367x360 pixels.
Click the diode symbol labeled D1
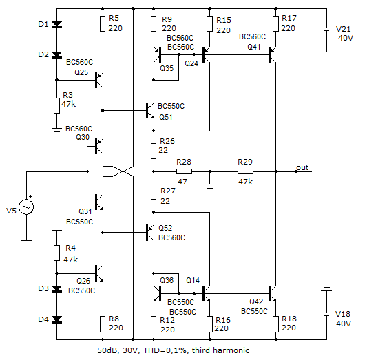tap(56, 24)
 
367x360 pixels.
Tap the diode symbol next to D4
tap(56, 319)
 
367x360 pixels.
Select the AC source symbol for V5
tap(26, 207)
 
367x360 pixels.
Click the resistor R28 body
tap(184, 171)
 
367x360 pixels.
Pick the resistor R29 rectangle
tap(245, 171)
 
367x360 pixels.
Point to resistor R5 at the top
tap(103, 23)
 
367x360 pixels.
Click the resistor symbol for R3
tap(56, 106)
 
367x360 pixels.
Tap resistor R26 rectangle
tap(154, 151)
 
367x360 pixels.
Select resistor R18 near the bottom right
tap(275, 324)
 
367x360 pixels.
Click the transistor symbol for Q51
tap(150, 110)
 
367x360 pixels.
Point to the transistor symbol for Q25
tap(98, 80)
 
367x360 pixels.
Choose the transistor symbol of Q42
tap(272, 293)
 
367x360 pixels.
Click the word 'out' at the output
tap(302, 167)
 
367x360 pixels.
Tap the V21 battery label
tap(343, 29)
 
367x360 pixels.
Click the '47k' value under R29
tap(245, 182)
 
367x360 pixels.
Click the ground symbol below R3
tap(56, 129)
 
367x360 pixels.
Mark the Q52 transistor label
tap(165, 228)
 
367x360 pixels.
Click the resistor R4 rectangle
tap(56, 253)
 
